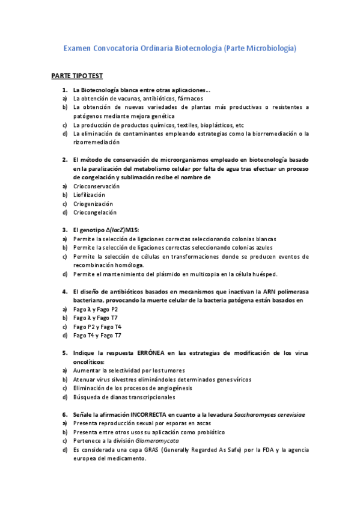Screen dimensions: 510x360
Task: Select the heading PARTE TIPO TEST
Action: (x=77, y=76)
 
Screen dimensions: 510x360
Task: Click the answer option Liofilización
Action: (x=89, y=195)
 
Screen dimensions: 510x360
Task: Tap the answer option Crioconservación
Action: (x=96, y=186)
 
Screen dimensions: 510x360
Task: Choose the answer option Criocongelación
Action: (x=94, y=212)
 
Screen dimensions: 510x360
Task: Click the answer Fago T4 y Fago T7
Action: (x=97, y=335)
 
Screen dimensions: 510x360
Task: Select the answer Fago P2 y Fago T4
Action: (x=97, y=327)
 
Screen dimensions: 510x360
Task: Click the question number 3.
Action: (x=64, y=230)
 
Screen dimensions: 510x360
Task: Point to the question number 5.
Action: (x=64, y=353)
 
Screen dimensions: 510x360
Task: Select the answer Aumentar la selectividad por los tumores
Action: (x=129, y=370)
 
